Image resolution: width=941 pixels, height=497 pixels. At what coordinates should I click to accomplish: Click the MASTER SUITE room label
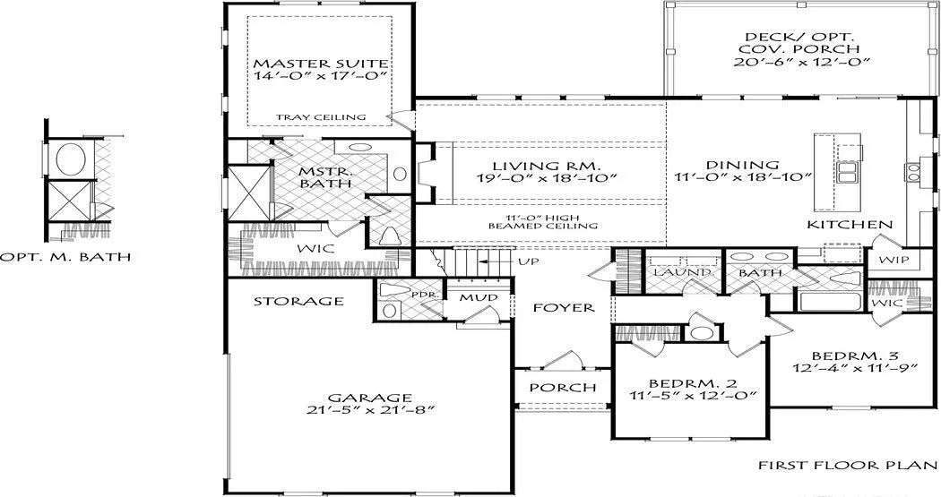(x=321, y=64)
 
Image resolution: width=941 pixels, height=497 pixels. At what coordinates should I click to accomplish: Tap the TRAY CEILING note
(x=321, y=117)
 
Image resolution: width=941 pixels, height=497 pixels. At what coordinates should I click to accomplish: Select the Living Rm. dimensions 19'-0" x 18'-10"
(x=548, y=178)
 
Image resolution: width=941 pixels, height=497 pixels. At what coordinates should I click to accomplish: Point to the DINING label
(x=742, y=165)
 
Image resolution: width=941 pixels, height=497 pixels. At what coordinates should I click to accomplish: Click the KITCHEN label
(x=850, y=225)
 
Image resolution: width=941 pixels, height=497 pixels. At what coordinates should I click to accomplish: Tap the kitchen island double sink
(x=847, y=172)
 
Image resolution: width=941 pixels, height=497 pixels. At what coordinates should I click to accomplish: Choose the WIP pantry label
(x=894, y=261)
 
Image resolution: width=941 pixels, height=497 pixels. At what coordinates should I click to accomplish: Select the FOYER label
(x=564, y=307)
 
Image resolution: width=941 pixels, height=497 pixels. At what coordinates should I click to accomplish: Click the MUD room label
(x=479, y=297)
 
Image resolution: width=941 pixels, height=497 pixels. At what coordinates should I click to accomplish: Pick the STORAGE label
(x=298, y=301)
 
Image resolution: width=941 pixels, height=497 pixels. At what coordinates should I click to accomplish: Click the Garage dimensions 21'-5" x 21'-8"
(x=369, y=410)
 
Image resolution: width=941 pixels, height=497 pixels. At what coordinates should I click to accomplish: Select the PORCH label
(x=563, y=388)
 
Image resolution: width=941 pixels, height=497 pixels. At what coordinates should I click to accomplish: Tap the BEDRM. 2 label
(x=693, y=383)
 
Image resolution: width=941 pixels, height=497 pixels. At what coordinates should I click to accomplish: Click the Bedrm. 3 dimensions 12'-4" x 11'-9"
(x=855, y=368)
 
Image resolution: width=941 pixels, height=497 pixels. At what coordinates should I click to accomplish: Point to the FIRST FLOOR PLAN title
(x=848, y=466)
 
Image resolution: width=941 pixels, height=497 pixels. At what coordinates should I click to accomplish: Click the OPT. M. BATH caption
(x=65, y=257)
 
